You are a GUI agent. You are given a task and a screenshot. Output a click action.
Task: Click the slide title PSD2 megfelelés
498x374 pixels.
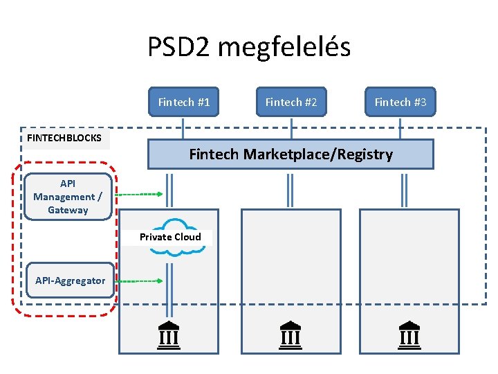pyautogui.click(x=249, y=47)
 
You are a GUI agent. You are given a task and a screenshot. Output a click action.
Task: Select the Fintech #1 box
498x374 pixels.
pyautogui.click(x=183, y=102)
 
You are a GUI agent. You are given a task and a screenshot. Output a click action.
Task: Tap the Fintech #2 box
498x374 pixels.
pyautogui.click(x=291, y=102)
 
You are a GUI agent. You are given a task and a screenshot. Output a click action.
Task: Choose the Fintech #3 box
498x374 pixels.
pyautogui.click(x=400, y=102)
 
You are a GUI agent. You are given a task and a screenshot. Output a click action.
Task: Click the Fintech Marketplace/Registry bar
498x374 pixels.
pyautogui.click(x=290, y=154)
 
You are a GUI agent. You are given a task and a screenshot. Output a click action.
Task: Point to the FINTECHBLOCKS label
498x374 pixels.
pyautogui.click(x=64, y=138)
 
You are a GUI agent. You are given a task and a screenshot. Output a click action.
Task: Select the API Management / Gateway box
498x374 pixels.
pyautogui.click(x=68, y=197)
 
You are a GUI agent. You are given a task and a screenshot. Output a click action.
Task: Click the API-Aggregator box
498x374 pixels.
pyautogui.click(x=70, y=280)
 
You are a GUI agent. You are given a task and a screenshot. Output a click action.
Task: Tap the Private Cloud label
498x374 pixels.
pyautogui.click(x=170, y=237)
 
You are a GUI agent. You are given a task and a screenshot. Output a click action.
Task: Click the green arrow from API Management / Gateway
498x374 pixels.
pyautogui.click(x=138, y=195)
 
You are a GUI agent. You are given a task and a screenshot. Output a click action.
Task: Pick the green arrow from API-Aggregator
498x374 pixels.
pyautogui.click(x=138, y=281)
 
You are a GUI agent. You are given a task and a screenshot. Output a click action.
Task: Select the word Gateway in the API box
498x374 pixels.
pyautogui.click(x=68, y=210)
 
